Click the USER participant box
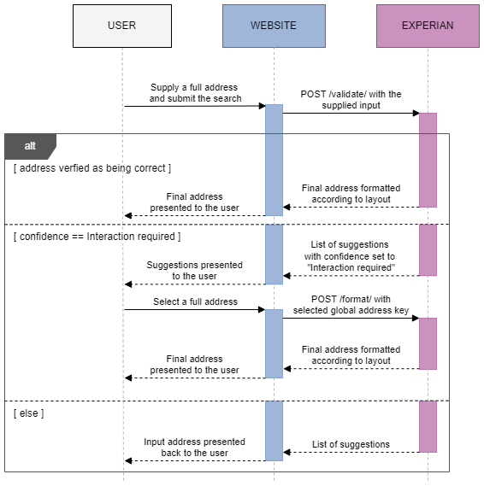point(121,26)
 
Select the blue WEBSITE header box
point(274,26)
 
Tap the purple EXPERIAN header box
point(428,26)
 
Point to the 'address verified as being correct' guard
point(92,168)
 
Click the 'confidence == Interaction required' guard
point(97,236)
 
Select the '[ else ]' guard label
point(28,413)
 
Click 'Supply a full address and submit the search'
point(195,93)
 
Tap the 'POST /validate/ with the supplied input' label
point(351,99)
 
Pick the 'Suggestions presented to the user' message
point(194,270)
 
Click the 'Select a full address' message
point(195,302)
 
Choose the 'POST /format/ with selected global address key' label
point(351,304)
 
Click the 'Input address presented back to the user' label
point(194,447)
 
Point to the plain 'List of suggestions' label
point(351,444)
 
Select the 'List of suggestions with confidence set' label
point(351,255)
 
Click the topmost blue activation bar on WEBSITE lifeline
point(274,159)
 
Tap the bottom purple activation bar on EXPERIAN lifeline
point(428,426)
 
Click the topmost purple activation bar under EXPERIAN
point(428,160)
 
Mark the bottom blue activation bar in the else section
point(274,430)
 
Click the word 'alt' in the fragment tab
point(30,146)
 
